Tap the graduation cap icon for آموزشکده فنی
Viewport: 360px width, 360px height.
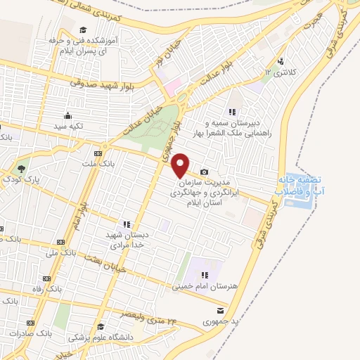tap(84, 30)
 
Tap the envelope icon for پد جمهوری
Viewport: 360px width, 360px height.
tap(221, 310)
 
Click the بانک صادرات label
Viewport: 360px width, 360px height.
tap(32, 330)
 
